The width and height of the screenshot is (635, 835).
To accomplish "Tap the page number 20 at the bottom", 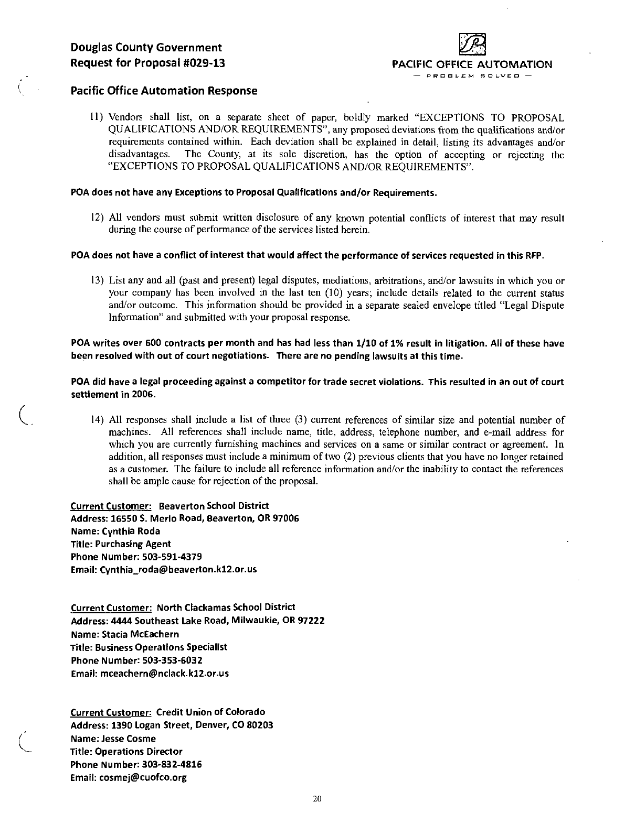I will click(x=316, y=799).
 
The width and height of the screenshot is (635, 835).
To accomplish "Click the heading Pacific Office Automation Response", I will click(x=164, y=91).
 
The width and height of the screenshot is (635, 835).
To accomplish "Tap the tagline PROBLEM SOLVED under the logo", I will click(x=472, y=75).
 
